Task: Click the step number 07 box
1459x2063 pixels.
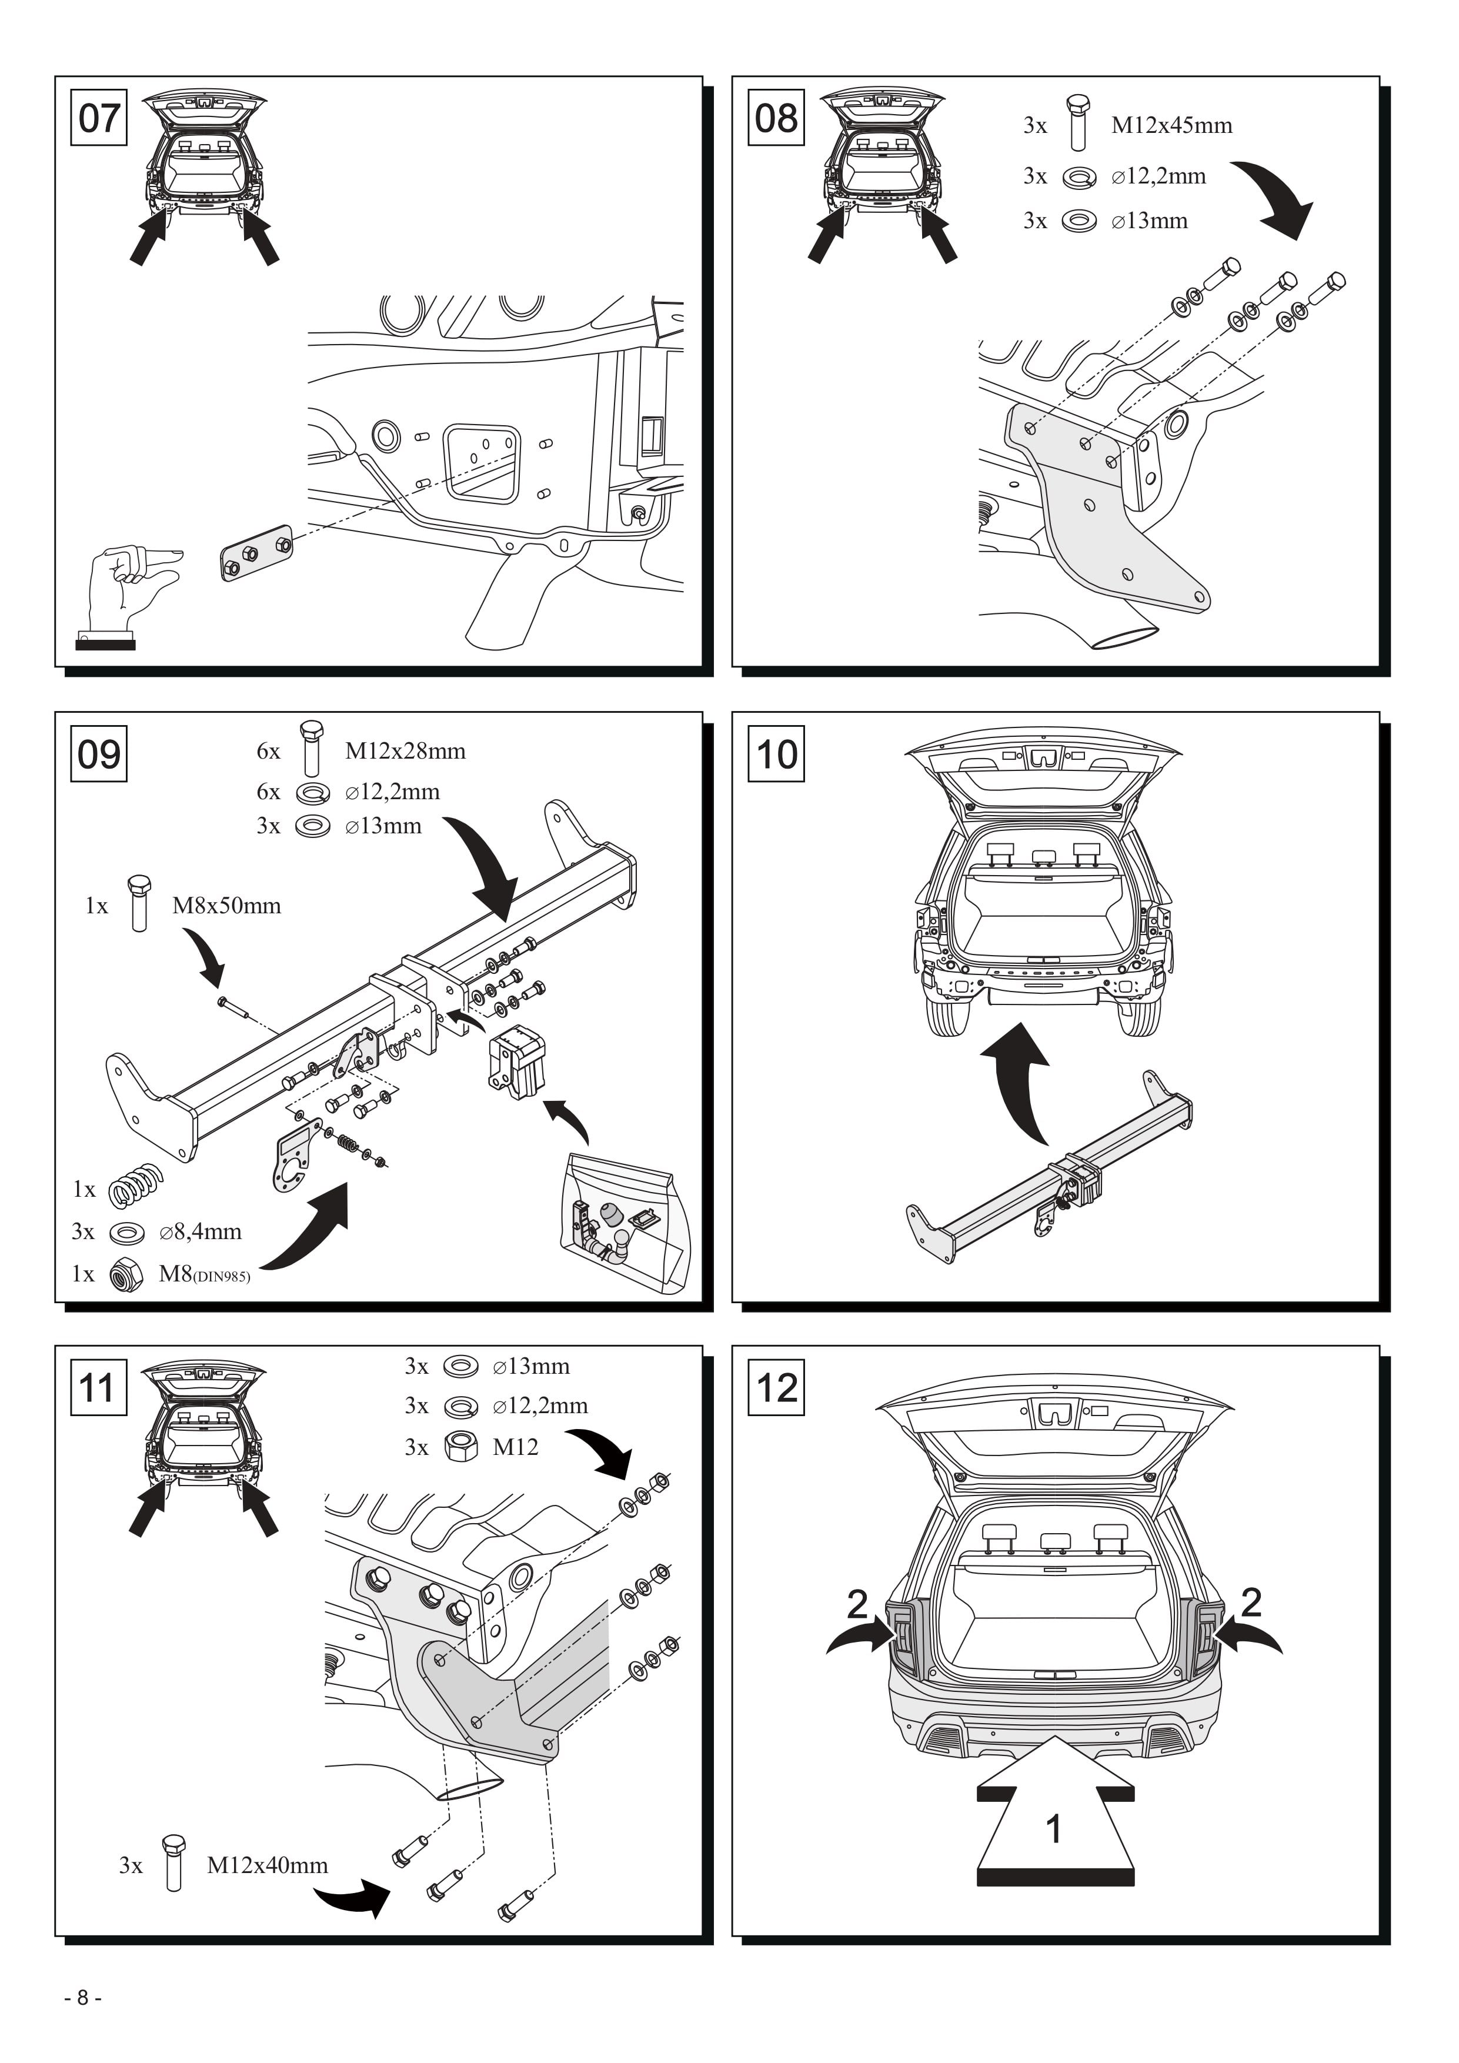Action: click(99, 117)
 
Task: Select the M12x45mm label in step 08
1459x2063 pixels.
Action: click(1171, 125)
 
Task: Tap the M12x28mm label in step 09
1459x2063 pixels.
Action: click(405, 750)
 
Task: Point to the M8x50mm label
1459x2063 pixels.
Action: click(226, 905)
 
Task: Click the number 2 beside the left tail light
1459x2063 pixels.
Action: click(858, 1604)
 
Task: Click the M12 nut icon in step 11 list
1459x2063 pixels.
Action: click(461, 1447)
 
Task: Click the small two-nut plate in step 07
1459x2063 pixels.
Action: click(256, 553)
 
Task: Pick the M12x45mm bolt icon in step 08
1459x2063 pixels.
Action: click(1078, 122)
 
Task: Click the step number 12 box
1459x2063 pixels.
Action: click(776, 1387)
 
